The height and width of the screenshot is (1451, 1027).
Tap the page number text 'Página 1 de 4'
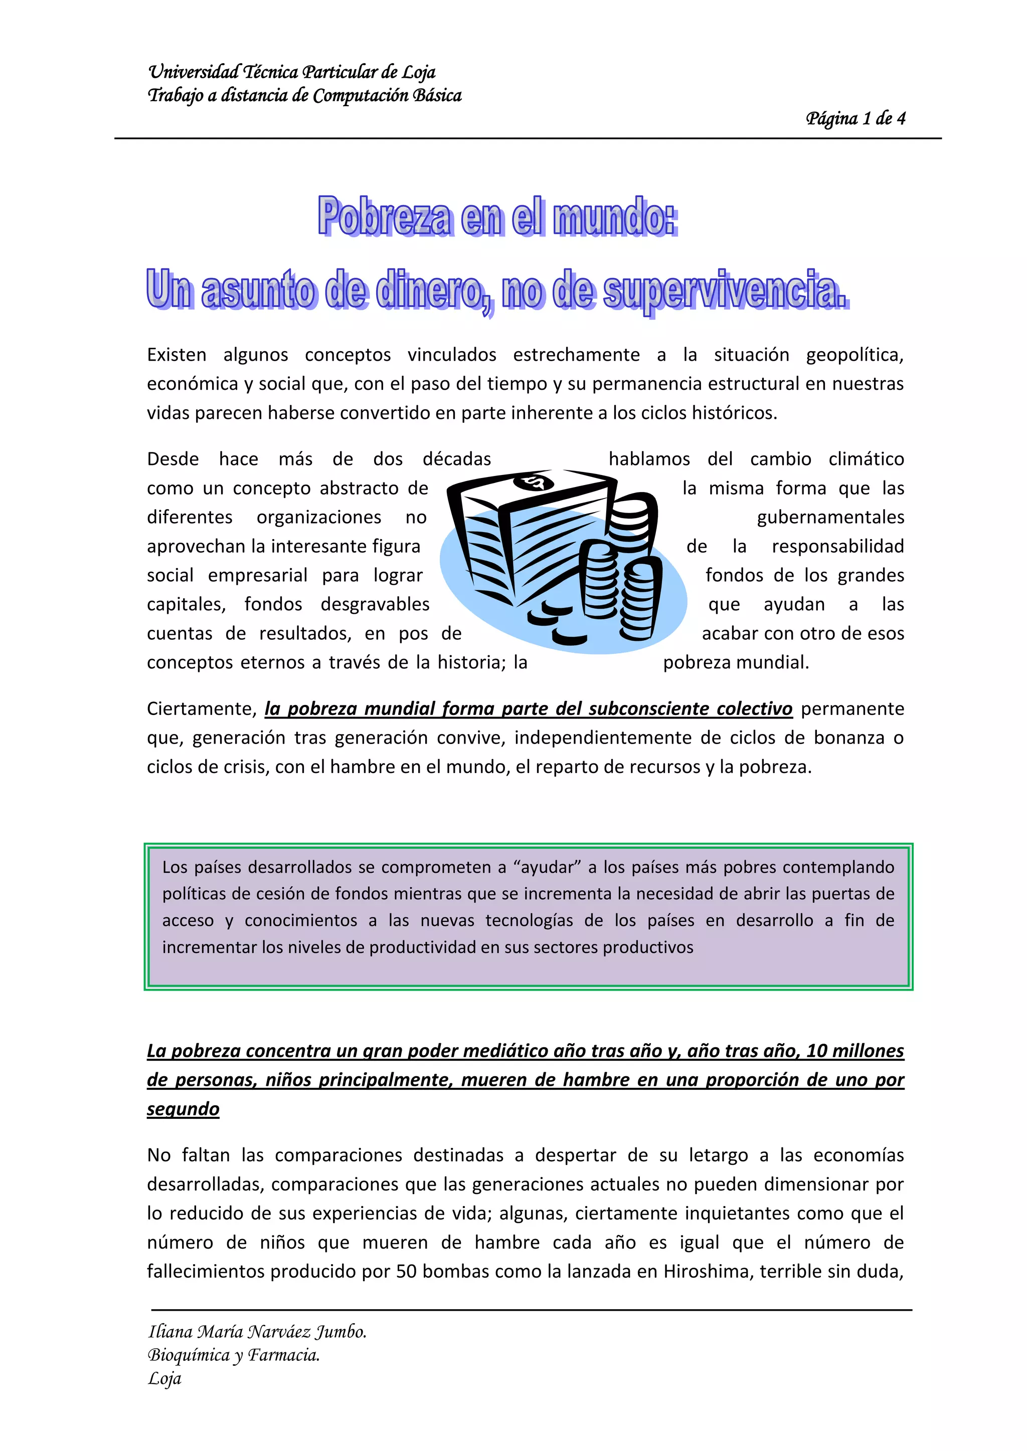tap(855, 119)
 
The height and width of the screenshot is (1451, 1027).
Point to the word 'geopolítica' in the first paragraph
tap(854, 355)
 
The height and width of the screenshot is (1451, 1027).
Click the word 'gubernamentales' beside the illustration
tap(830, 518)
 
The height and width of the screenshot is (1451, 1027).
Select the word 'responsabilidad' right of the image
tap(838, 547)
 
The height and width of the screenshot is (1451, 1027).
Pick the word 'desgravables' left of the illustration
tap(375, 605)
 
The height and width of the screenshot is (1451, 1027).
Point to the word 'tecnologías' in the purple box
tap(529, 921)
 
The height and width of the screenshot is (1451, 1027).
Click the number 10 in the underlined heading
tap(816, 1051)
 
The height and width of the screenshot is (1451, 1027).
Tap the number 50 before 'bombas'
tap(406, 1272)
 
